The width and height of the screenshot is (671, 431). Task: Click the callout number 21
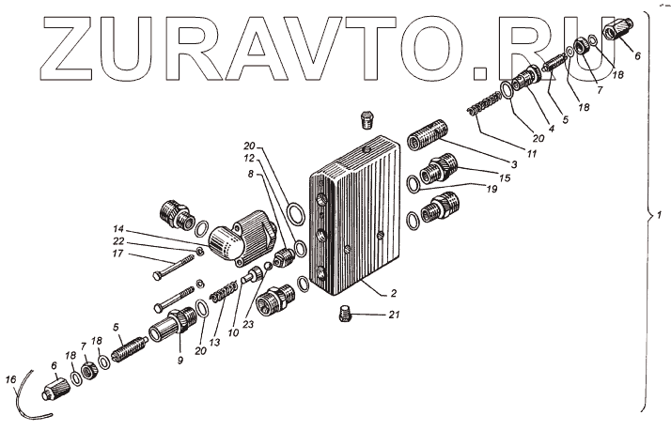394,315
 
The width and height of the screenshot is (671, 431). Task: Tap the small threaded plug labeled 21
345,314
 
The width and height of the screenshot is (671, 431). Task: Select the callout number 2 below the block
393,293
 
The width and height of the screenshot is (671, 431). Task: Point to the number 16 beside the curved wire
10,379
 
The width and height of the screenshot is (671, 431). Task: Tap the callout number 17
117,254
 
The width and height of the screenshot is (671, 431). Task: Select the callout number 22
118,241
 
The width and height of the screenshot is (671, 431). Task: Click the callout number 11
532,153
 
